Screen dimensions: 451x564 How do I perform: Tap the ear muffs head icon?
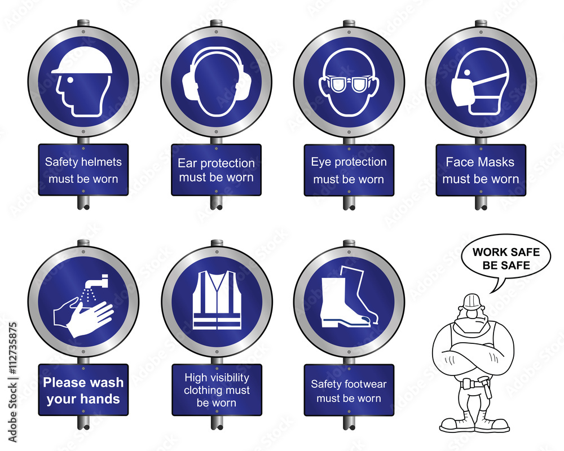tap(217, 82)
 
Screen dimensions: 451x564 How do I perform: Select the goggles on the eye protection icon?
tap(349, 85)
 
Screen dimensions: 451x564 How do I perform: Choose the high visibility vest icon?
tap(217, 300)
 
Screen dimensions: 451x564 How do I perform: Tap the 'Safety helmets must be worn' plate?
tap(83, 170)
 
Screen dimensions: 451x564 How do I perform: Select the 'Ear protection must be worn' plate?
tap(216, 170)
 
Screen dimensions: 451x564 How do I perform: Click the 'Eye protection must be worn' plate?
tap(349, 170)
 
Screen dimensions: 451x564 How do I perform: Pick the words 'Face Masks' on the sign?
tap(480, 162)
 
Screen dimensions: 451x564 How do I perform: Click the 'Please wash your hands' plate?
tap(83, 390)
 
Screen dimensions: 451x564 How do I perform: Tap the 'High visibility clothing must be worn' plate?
tap(216, 390)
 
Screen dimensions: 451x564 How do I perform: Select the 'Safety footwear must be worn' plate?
tap(349, 390)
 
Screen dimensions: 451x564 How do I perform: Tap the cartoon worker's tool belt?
tap(472, 385)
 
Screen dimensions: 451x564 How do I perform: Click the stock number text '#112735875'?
tap(12, 381)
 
